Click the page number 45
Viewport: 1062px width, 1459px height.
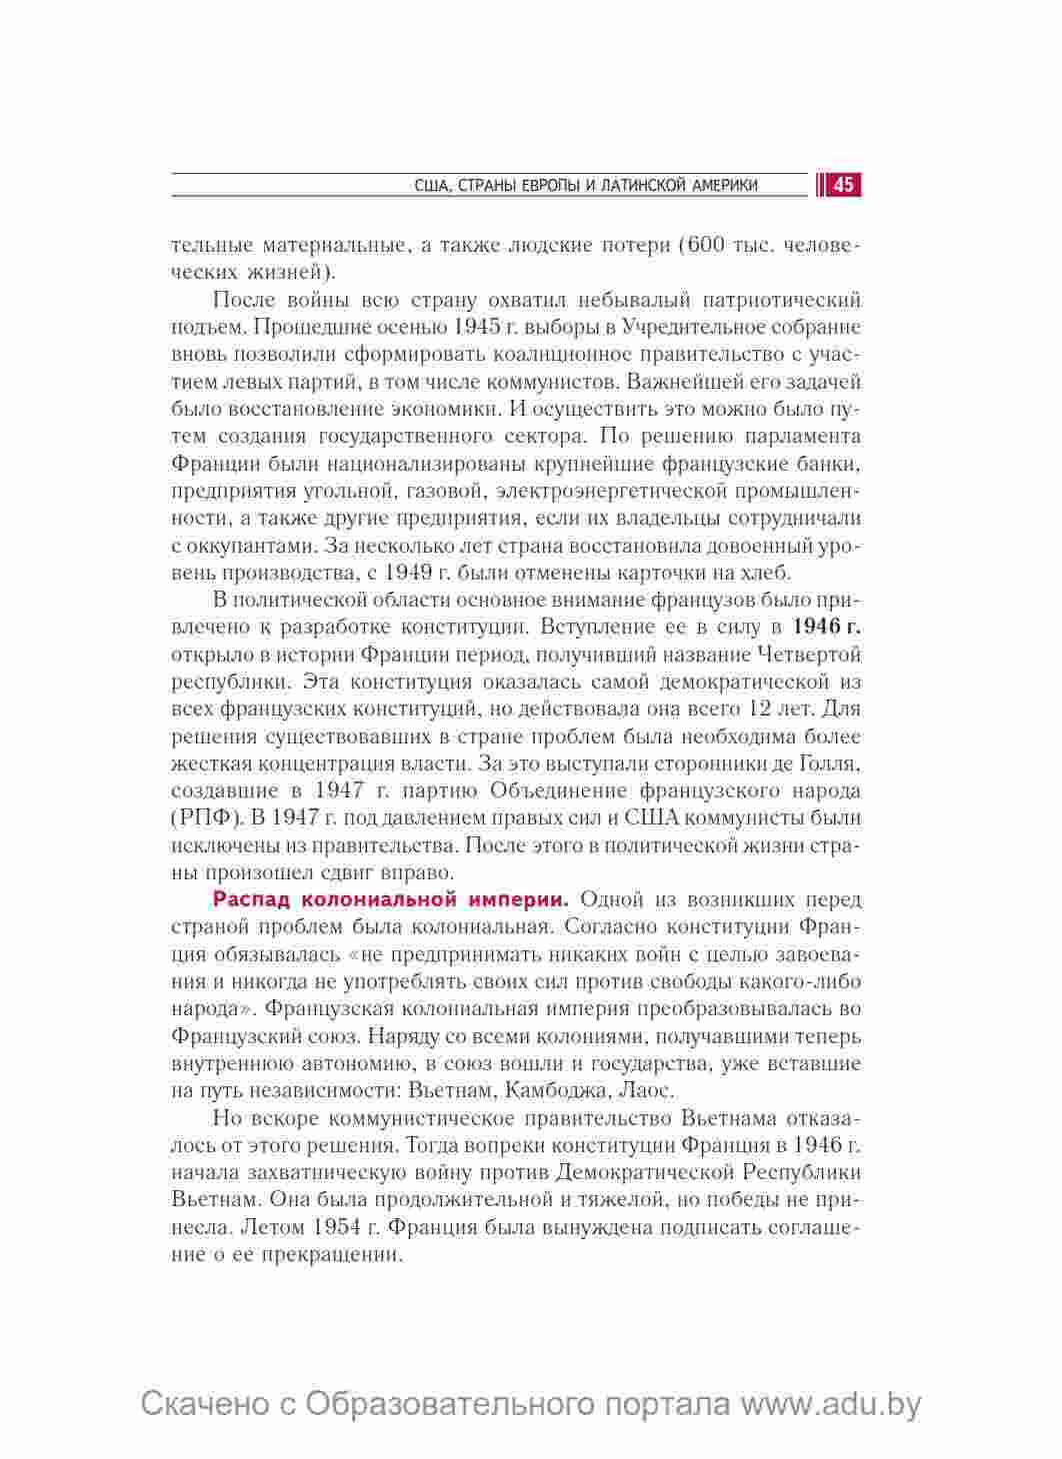843,185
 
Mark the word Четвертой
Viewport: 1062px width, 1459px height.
811,655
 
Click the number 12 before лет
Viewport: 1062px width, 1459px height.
760,710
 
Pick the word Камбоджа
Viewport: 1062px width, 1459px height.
554,1089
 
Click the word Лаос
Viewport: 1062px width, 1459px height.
648,1089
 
